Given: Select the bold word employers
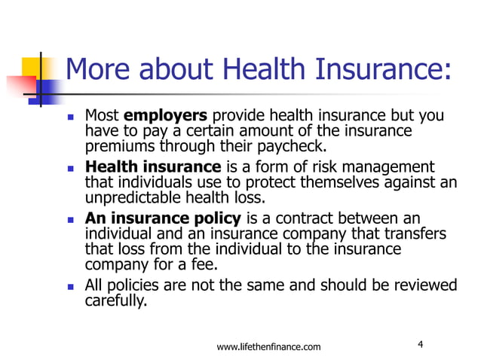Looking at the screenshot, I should point(164,117).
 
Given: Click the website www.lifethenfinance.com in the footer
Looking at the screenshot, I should point(268,346).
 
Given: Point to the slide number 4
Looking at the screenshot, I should point(420,345).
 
